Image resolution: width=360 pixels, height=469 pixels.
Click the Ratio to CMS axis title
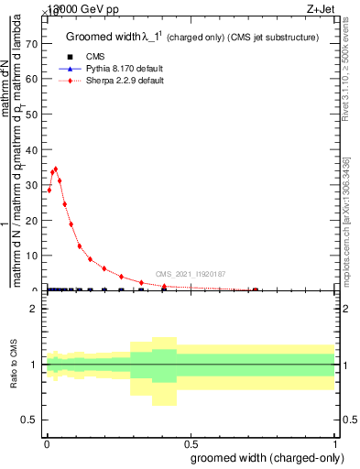pyautogui.click(x=15, y=365)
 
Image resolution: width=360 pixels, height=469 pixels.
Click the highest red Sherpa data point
pyautogui.click(x=56, y=169)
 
